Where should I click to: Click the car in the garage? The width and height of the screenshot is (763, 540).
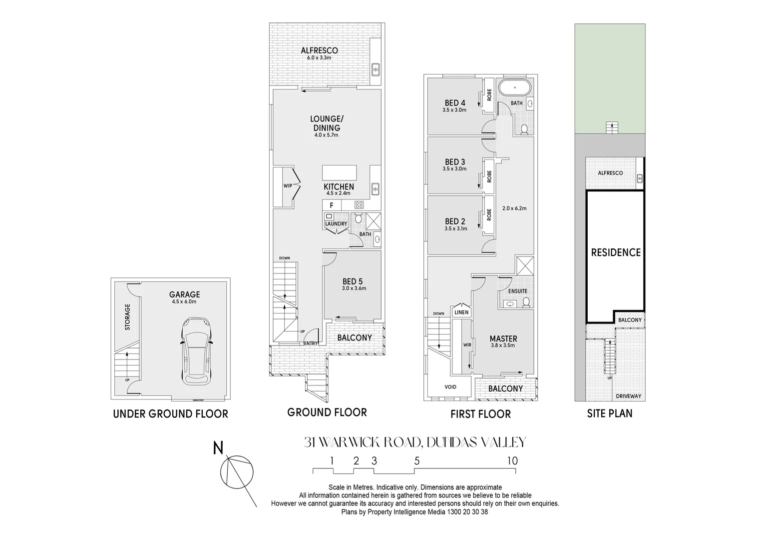197,350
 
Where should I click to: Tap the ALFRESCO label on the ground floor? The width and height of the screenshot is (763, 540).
319,50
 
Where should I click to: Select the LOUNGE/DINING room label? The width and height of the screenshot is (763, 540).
327,123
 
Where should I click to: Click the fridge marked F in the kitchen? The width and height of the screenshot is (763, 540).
331,205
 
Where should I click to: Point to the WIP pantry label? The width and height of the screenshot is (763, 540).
288,185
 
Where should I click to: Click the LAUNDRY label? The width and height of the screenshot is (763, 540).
336,224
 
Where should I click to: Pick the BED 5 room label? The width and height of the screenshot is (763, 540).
353,281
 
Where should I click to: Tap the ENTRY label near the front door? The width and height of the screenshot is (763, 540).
311,343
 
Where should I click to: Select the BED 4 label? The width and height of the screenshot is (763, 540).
455,103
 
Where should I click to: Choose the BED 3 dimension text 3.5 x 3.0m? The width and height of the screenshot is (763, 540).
454,169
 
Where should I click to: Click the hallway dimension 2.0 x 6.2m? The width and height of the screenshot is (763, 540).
514,208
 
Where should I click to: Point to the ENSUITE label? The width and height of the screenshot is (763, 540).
517,291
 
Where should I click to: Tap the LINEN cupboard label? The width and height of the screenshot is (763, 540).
461,312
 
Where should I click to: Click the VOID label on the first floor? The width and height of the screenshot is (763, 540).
450,386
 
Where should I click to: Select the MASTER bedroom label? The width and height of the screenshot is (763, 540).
503,338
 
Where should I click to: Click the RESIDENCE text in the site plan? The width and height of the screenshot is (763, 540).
616,252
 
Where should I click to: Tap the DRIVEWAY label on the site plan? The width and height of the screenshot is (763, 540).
629,396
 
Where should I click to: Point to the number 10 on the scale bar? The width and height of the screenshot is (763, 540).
512,461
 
